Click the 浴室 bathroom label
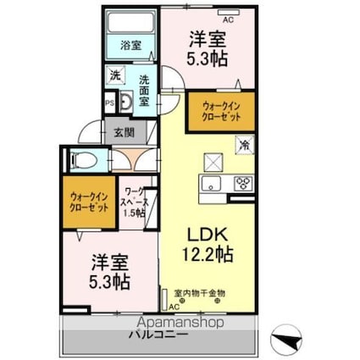[x=130, y=45]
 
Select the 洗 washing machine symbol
[x=114, y=76]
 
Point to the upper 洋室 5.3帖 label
[x=206, y=49]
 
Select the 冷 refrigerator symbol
[x=242, y=145]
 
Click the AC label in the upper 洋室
[x=225, y=14]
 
